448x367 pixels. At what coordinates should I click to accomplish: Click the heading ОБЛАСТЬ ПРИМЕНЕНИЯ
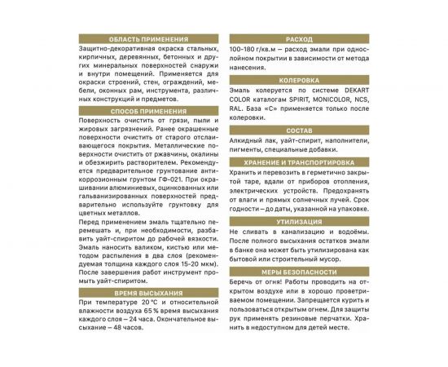[151, 39]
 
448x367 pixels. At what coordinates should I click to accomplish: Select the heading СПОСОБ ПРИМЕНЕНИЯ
[151, 108]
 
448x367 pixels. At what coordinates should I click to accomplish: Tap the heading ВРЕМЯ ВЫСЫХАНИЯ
[151, 292]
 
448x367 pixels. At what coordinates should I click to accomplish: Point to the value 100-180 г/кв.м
[260, 51]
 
